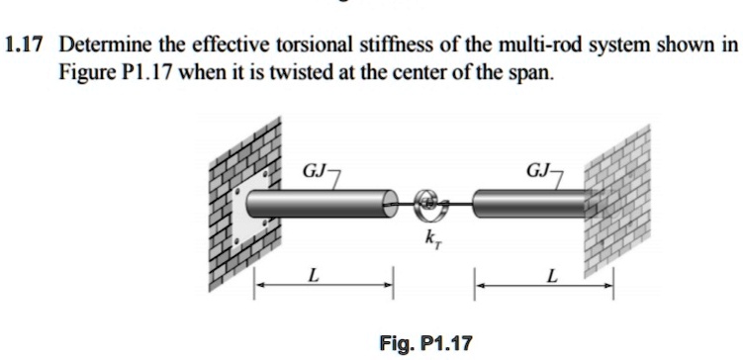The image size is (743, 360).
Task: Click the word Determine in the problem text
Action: point(103,45)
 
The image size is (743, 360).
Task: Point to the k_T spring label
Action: point(432,238)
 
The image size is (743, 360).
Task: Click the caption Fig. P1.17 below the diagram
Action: point(425,344)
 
